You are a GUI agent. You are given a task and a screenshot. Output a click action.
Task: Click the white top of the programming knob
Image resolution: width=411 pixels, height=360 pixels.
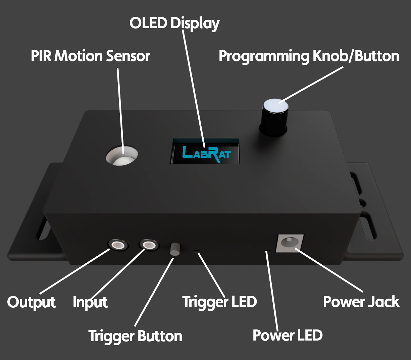(x=275, y=106)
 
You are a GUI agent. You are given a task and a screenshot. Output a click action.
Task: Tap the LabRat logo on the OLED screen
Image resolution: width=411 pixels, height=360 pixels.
(x=206, y=154)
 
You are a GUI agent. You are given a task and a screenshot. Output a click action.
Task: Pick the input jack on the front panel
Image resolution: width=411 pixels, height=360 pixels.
(x=149, y=244)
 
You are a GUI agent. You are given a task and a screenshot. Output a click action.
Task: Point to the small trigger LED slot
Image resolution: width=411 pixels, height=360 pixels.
(x=197, y=251)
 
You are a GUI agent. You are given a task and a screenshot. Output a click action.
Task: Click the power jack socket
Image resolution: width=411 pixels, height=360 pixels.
(x=289, y=242)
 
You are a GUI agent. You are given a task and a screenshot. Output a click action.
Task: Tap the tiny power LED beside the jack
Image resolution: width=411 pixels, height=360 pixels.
(x=267, y=250)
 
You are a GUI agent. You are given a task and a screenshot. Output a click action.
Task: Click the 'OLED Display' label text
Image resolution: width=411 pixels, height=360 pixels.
(x=174, y=23)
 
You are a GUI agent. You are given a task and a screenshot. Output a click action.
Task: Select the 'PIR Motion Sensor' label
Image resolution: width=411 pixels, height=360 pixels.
(x=90, y=56)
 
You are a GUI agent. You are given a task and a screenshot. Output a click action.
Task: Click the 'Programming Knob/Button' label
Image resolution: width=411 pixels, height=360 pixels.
(x=309, y=56)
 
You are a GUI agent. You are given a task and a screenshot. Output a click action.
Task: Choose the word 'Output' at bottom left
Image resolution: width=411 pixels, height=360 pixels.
(x=32, y=302)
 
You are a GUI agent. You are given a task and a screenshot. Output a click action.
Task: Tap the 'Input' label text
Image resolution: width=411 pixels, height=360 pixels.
(x=90, y=302)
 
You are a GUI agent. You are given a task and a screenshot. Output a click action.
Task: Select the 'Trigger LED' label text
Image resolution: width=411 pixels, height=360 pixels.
(x=219, y=302)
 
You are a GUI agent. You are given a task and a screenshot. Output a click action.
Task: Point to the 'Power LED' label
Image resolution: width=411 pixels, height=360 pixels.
(x=288, y=335)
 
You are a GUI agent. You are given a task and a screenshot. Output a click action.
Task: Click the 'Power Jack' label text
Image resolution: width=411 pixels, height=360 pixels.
(x=361, y=302)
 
